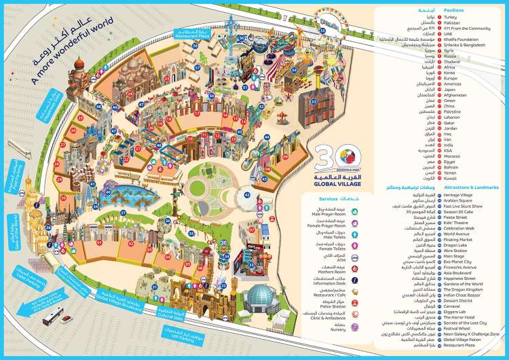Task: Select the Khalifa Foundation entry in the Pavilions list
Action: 468,39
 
